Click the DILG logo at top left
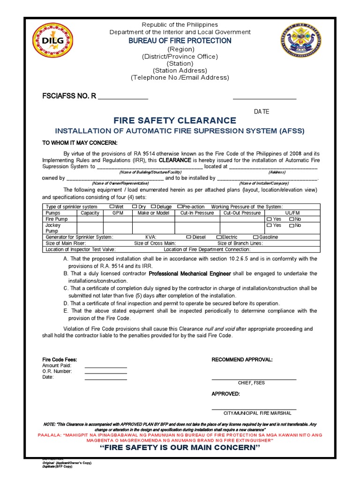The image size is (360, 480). (x=53, y=41)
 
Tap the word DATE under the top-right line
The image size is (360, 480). (x=262, y=112)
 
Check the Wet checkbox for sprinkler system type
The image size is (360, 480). (x=112, y=206)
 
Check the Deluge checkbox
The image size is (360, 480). (x=153, y=206)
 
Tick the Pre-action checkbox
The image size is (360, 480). (x=180, y=206)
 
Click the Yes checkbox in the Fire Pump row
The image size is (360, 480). (x=269, y=219)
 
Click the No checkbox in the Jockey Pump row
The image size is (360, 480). (x=292, y=225)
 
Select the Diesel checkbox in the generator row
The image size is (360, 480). (x=189, y=237)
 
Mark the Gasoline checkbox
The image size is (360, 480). (x=256, y=237)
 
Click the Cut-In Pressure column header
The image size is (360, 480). (x=197, y=213)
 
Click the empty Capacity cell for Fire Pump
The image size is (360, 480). (x=90, y=219)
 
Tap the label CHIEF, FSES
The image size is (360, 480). (x=251, y=383)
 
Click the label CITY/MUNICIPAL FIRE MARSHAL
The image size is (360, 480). (x=257, y=413)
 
